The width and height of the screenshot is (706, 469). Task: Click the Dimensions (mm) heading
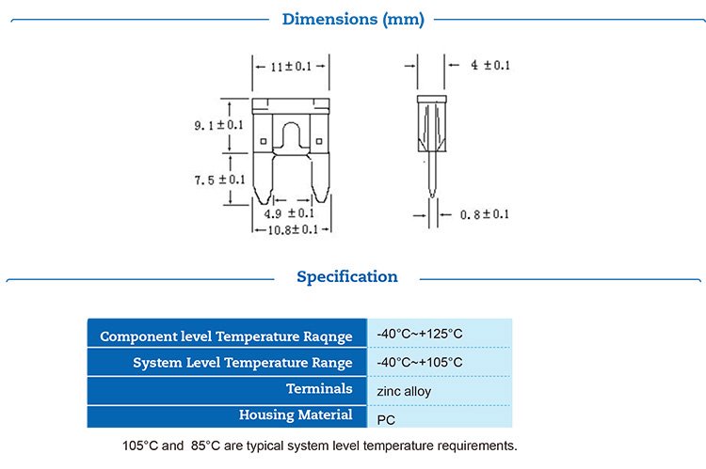(x=353, y=19)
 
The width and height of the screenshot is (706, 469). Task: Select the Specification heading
(x=347, y=276)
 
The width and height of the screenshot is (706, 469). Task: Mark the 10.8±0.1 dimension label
(x=291, y=229)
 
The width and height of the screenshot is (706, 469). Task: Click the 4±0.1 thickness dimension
(x=489, y=65)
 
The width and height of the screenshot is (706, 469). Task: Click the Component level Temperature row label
(x=226, y=336)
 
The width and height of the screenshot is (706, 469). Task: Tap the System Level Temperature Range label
(x=242, y=362)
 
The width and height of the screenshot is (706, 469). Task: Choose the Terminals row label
(x=320, y=388)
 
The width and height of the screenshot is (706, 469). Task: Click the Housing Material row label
(x=296, y=414)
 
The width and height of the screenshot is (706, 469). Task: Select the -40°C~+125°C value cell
(x=420, y=335)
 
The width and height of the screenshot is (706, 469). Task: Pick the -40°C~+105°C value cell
(x=420, y=362)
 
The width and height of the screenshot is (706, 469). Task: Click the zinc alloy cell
(x=404, y=389)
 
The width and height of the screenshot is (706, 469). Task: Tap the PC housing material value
(x=385, y=416)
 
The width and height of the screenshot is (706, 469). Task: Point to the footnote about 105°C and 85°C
(x=319, y=445)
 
